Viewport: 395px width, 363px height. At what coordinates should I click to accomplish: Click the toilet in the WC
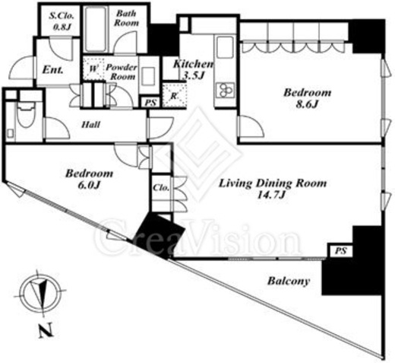click(x=26, y=117)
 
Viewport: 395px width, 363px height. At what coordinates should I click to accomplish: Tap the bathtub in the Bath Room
click(x=96, y=30)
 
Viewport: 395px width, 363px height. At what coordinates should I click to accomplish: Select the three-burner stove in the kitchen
click(x=225, y=90)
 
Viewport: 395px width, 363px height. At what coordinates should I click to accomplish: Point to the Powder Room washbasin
click(x=149, y=76)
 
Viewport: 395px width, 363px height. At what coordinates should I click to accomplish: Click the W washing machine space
click(x=93, y=68)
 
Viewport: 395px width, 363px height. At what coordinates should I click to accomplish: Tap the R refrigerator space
click(x=174, y=95)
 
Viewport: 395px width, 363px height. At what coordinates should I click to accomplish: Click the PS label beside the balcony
click(x=340, y=251)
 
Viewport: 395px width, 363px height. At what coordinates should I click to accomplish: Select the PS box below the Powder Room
click(x=150, y=103)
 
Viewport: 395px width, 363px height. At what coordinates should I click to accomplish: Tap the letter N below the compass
click(x=46, y=330)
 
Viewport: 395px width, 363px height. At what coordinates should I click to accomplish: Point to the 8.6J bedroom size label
click(x=307, y=104)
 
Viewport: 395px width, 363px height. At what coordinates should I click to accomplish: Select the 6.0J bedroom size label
click(x=89, y=186)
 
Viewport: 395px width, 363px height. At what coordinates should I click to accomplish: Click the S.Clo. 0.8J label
click(x=62, y=21)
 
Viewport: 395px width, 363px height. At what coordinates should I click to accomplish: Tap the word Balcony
click(x=289, y=282)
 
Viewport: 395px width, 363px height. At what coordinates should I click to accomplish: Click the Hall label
click(x=91, y=125)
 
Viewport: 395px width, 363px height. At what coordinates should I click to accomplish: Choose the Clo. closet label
click(x=161, y=188)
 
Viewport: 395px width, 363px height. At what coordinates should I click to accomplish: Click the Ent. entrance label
click(x=52, y=70)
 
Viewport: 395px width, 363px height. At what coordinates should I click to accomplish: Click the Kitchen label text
click(x=193, y=64)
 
